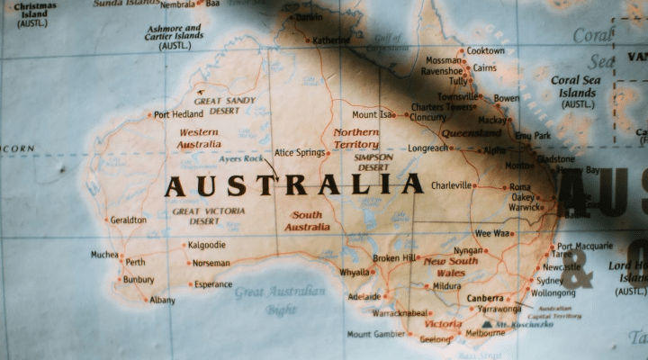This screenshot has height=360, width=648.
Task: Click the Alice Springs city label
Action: pos(299,153)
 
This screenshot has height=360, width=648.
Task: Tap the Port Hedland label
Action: pos(178,115)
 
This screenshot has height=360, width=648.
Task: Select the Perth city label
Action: pos(135,263)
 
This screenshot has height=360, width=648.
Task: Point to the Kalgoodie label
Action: pos(207,245)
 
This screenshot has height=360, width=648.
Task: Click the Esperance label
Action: pos(213,284)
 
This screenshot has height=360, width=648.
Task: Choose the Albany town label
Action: pos(162,300)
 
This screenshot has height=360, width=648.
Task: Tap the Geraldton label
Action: pos(128,220)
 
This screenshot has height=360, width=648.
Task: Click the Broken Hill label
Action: pos(396,258)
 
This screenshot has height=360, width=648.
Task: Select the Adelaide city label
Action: pos(364,296)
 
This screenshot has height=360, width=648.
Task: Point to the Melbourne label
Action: pos(485,333)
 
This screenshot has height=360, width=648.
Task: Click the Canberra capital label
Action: pos(485,298)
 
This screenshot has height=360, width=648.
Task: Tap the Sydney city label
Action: pos(549,281)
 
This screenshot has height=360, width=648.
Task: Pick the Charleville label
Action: pos(452,185)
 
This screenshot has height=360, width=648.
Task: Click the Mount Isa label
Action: pos(373,115)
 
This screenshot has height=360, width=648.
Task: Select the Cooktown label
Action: pos(485,51)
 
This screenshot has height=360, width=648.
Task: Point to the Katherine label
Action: pos(331,40)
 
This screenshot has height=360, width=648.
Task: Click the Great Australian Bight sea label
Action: pos(280,301)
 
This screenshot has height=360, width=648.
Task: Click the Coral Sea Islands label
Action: pos(577,92)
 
